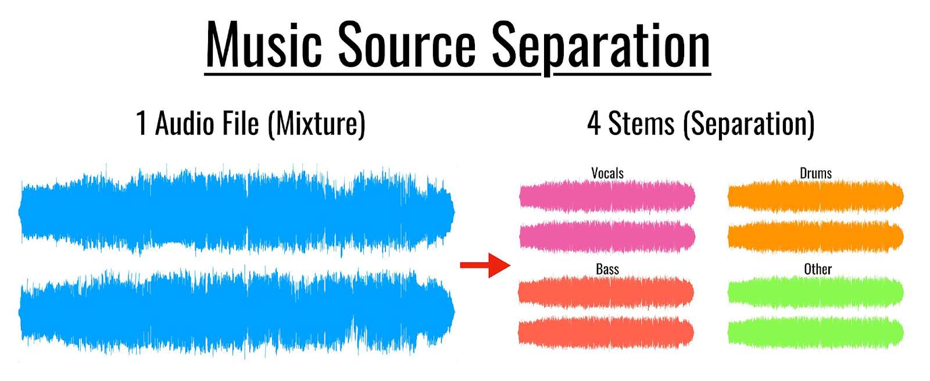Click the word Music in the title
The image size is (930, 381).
(264, 45)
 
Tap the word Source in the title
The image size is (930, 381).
(407, 45)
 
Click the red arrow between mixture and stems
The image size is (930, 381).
(485, 265)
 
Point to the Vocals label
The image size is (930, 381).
(607, 173)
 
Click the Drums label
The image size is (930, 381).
(815, 173)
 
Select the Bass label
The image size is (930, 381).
(607, 269)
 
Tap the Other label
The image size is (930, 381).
(817, 269)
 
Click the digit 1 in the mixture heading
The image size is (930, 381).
(141, 123)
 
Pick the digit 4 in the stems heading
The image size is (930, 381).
(593, 123)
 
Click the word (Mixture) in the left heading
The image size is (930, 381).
(317, 124)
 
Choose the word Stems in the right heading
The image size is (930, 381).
(641, 123)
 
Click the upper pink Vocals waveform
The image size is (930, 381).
(607, 196)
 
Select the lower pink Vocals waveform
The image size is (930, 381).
(607, 237)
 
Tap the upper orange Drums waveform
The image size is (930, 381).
(815, 196)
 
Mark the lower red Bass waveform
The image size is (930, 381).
(606, 333)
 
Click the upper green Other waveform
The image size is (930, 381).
(815, 292)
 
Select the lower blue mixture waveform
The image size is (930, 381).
(237, 312)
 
